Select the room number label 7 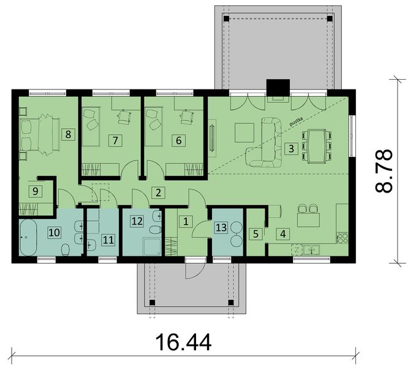coord(115,140)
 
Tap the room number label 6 coord(178,140)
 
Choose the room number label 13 coord(221,228)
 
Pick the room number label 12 coord(137,220)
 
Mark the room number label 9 coord(36,191)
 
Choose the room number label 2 coord(158,193)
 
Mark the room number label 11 coord(107,240)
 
